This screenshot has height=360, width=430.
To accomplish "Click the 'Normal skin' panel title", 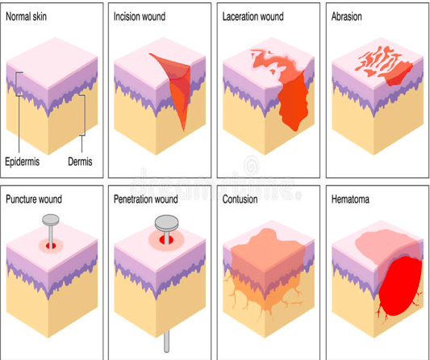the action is pos(26,16).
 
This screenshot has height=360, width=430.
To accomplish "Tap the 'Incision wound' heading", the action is pos(140,16).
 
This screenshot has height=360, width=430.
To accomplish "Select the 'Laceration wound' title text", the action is pos(253,16).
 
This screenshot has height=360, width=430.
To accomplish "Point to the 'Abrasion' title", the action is pos(346,16).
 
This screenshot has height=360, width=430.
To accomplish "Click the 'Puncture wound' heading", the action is pos(34,199).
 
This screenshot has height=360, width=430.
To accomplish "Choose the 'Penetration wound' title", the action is pos(145,199).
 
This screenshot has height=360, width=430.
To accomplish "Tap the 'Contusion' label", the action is pos(240,199).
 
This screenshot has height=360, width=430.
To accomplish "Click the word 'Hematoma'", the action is pos(350,199).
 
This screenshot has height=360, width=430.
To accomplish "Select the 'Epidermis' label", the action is pos(23,161).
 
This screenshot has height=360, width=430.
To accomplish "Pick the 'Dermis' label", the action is pos(80,161).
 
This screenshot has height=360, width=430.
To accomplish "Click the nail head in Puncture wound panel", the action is pos(51,219).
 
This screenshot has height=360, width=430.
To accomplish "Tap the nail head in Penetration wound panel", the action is pos(167,223).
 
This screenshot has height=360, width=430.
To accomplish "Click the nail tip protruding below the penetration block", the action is pos(166,341).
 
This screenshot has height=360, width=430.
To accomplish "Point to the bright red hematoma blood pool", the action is pos(400,286).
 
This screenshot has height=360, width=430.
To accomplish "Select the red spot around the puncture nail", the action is pos(51,245).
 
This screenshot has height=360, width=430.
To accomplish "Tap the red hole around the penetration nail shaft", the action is pos(166,240).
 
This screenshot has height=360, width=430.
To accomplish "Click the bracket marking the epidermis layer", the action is pos(17,84).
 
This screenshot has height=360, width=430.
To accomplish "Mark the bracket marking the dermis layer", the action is pos(84,115).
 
